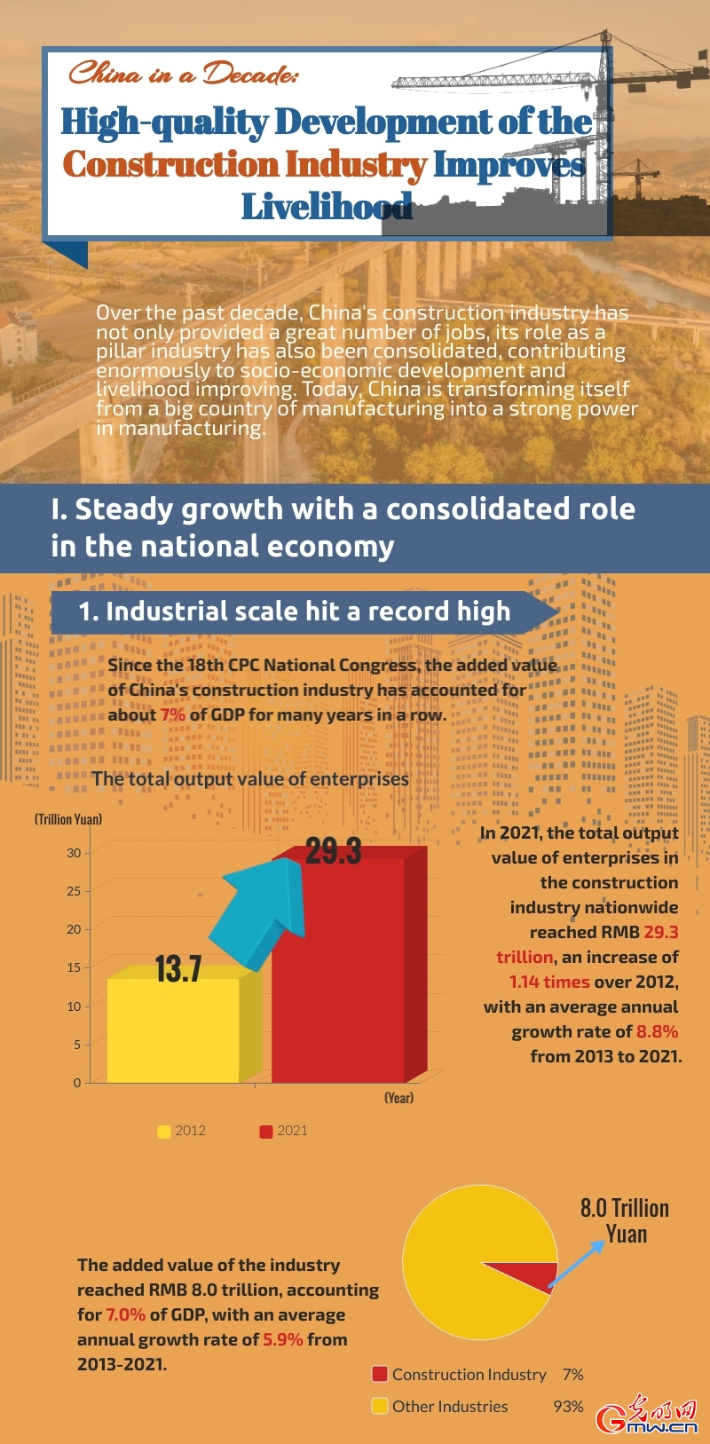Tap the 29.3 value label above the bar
334,852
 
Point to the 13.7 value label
178,969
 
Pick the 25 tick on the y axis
73,891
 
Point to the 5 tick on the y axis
76,1045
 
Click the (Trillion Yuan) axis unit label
68,819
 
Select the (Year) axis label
398,1098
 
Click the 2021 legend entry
283,1131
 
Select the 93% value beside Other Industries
568,1407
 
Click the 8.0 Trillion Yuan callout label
625,1220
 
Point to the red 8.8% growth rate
657,1031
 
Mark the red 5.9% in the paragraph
283,1339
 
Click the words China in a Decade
183,73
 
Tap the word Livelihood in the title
327,207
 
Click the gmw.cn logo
648,1416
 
